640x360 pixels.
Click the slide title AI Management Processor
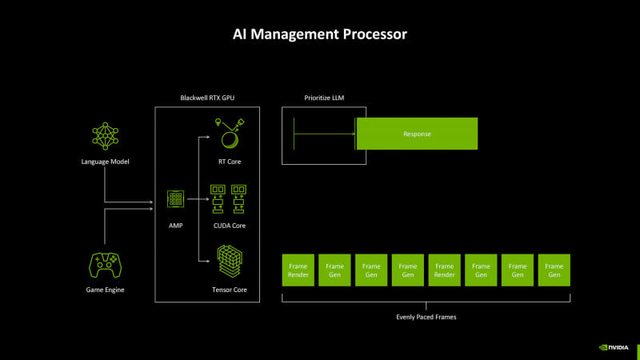click(x=320, y=34)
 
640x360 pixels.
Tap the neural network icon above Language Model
click(x=105, y=137)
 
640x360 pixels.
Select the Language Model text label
click(x=105, y=162)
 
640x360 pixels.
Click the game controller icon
click(x=105, y=265)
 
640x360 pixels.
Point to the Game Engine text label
click(x=105, y=289)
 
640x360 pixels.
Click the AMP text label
click(x=175, y=226)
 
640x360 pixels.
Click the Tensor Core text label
click(x=230, y=289)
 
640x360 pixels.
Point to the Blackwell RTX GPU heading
click(x=207, y=98)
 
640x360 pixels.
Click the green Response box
click(x=416, y=134)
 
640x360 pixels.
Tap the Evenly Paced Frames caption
click(x=426, y=317)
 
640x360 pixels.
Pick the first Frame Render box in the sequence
click(x=298, y=270)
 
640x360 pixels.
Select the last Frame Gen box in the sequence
click(x=554, y=270)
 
